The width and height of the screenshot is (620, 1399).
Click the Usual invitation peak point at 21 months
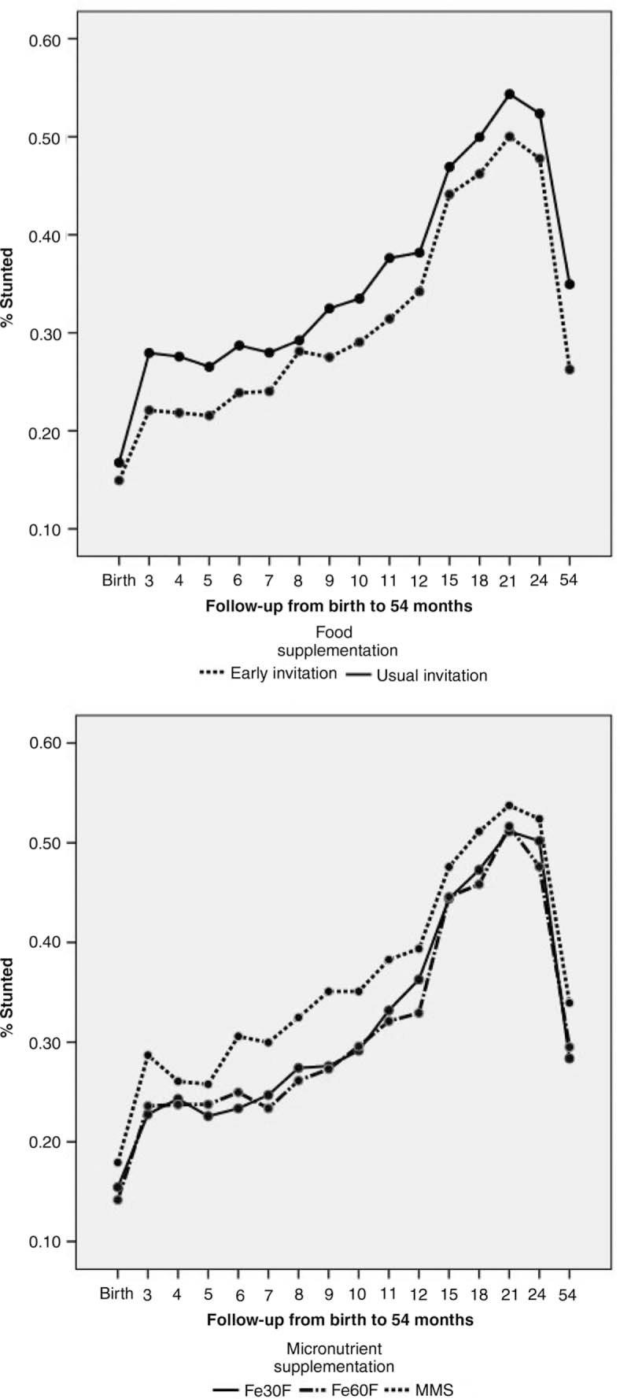tap(509, 94)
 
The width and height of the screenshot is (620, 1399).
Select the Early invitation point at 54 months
tap(570, 369)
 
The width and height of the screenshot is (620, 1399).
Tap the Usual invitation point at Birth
tap(119, 463)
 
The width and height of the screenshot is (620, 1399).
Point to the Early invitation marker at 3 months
tap(149, 410)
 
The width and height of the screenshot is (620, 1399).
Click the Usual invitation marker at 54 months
tap(570, 284)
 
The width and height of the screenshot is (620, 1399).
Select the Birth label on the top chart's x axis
tap(118, 582)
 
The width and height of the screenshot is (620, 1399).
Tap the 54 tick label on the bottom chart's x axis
tap(568, 1295)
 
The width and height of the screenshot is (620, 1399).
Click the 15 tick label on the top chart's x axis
tap(448, 582)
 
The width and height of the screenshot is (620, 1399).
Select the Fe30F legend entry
tap(253, 1390)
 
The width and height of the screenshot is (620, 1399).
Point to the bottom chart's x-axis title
tap(340, 1319)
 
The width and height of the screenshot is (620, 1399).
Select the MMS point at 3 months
tap(148, 1054)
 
